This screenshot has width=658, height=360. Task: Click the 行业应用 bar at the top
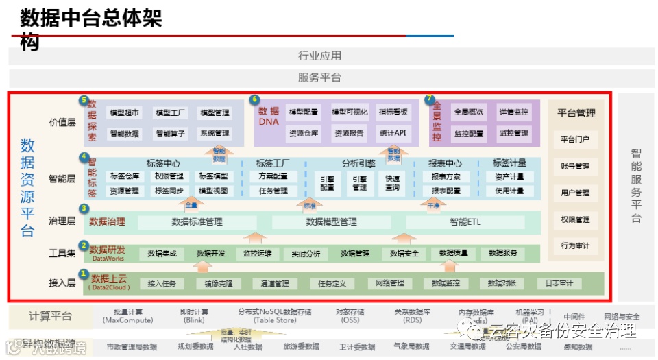click(x=319, y=56)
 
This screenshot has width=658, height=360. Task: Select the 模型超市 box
click(x=125, y=112)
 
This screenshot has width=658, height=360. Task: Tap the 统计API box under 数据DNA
click(x=393, y=133)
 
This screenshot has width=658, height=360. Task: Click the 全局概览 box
click(x=468, y=112)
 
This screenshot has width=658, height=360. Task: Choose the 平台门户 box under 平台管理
click(x=575, y=139)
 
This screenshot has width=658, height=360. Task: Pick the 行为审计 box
click(x=575, y=245)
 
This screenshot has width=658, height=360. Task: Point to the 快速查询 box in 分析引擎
click(x=392, y=183)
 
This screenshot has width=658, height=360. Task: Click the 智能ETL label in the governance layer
click(x=465, y=222)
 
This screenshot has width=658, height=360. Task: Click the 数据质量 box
click(x=453, y=253)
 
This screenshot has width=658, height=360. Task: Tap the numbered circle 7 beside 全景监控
click(x=430, y=100)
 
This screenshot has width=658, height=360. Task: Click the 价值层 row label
click(x=62, y=123)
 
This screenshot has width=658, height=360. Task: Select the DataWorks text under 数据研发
click(x=107, y=259)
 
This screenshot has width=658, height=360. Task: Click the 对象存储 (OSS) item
click(x=350, y=316)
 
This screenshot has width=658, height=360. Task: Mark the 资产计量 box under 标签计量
click(x=509, y=177)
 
